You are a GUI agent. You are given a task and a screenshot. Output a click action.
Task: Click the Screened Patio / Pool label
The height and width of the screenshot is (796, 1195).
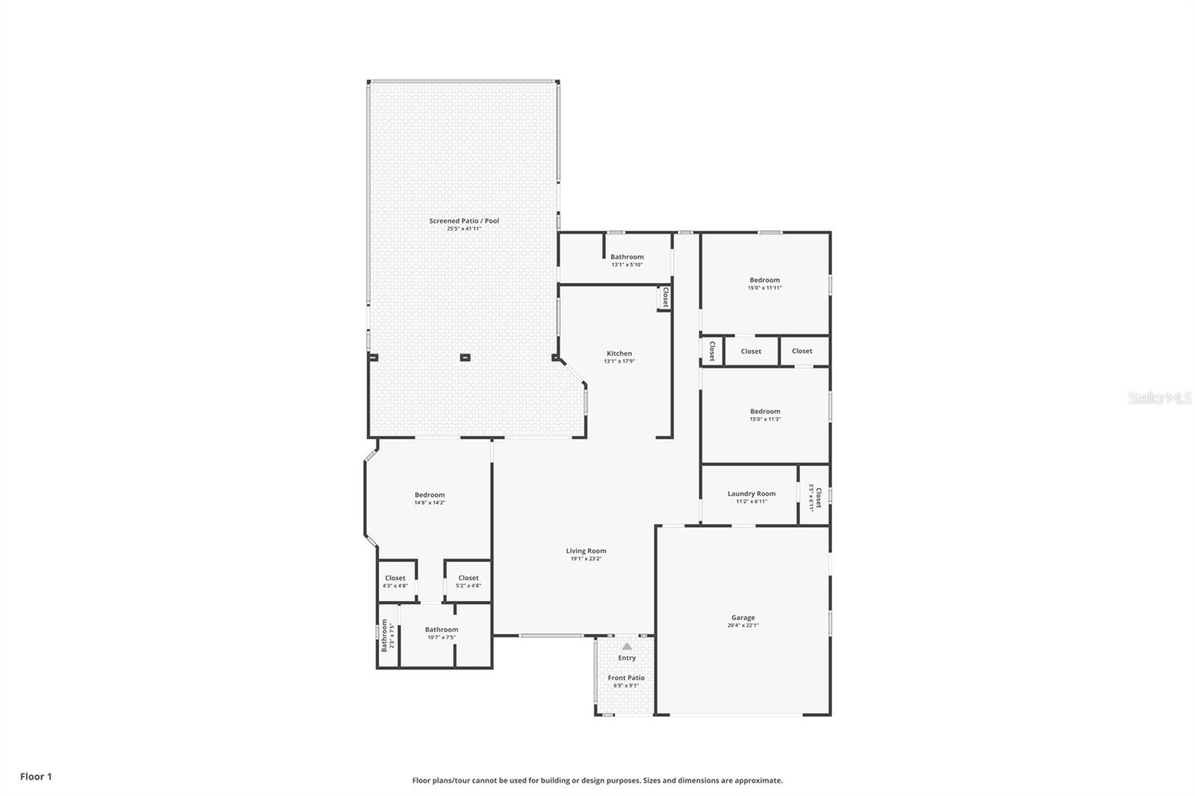pyautogui.click(x=464, y=221)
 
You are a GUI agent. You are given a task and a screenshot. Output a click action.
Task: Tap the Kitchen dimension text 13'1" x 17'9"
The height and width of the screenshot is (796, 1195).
pyautogui.click(x=619, y=361)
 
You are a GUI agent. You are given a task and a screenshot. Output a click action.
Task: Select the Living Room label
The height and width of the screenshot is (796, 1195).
pyautogui.click(x=586, y=551)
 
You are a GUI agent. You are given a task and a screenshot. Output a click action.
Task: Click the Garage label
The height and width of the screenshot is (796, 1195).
pyautogui.click(x=742, y=618)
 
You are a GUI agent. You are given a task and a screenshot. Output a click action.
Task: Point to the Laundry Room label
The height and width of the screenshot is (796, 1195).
pyautogui.click(x=751, y=494)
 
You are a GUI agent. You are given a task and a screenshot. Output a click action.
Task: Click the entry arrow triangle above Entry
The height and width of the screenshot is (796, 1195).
pyautogui.click(x=627, y=646)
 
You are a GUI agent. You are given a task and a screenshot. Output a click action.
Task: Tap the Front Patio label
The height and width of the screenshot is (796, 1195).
pyautogui.click(x=626, y=678)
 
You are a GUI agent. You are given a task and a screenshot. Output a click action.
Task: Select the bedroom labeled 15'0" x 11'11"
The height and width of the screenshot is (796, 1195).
pyautogui.click(x=765, y=284)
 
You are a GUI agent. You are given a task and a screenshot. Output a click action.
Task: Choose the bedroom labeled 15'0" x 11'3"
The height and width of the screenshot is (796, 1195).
pyautogui.click(x=765, y=414)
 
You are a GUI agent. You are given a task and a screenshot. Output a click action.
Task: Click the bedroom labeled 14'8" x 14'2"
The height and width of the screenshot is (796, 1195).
pyautogui.click(x=429, y=498)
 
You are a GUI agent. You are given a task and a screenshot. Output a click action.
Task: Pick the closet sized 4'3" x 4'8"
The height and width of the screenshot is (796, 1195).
pyautogui.click(x=395, y=581)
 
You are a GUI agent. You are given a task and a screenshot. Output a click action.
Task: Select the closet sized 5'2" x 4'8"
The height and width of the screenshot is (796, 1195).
pyautogui.click(x=468, y=581)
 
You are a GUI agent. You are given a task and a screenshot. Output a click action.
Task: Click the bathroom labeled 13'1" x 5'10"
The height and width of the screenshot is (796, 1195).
pyautogui.click(x=627, y=260)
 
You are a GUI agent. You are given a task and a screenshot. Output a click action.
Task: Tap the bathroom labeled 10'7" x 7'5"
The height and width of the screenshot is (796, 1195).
pyautogui.click(x=441, y=632)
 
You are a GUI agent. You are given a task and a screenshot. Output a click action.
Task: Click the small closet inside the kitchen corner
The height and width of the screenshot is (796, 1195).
pyautogui.click(x=664, y=298)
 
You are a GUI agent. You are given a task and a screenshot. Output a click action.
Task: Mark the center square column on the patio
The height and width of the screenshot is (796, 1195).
pyautogui.click(x=465, y=358)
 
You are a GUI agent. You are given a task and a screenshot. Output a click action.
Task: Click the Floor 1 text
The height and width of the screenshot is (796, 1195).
pyautogui.click(x=36, y=777)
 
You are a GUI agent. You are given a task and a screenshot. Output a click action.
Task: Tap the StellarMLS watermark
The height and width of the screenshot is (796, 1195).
pyautogui.click(x=1159, y=398)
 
